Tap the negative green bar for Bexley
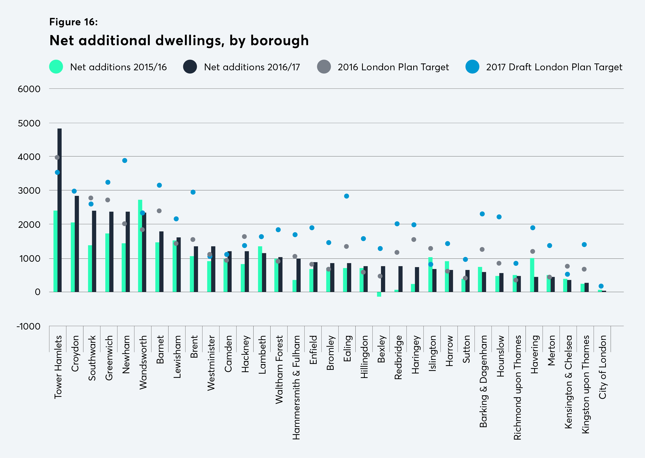click(379, 294)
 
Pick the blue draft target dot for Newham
click(125, 160)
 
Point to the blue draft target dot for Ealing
click(346, 196)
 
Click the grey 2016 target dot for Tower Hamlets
click(57, 157)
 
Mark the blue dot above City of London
click(601, 286)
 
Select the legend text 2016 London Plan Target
click(393, 67)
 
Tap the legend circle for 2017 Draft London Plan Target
click(472, 67)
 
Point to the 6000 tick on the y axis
click(29, 89)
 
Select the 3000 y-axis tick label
click(29, 191)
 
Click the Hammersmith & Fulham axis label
click(296, 387)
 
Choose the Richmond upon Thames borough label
click(517, 387)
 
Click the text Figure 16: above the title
click(73, 22)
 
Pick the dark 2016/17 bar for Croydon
click(77, 244)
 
